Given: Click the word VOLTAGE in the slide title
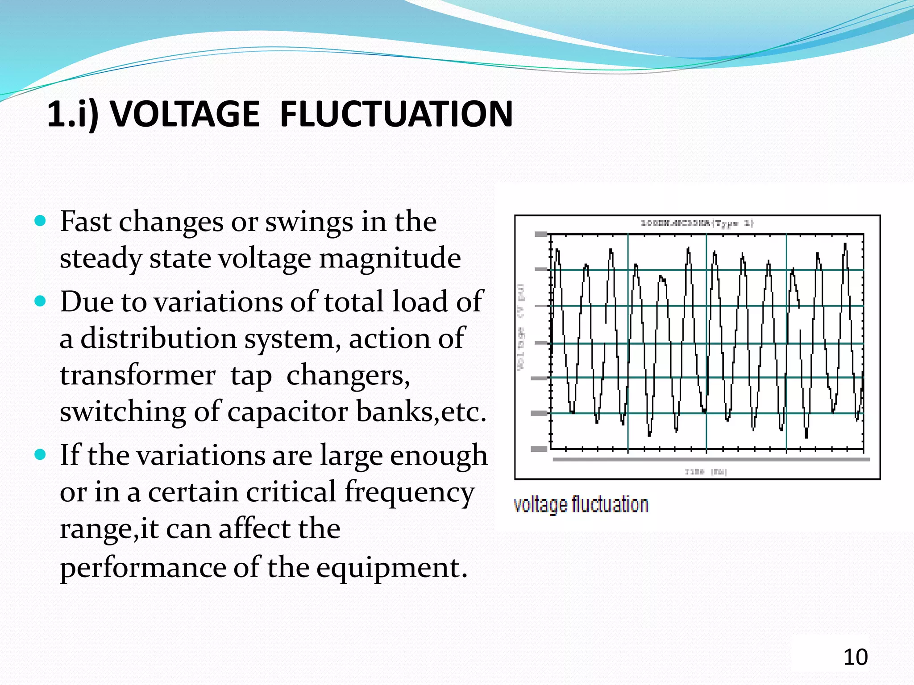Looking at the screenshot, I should click(185, 114).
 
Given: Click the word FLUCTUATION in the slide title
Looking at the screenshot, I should click(396, 114).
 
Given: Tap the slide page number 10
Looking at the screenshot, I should click(855, 657).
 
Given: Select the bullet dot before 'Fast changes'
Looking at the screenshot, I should click(40, 220).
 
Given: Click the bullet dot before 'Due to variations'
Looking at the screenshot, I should click(40, 301).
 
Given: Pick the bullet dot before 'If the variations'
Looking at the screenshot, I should click(40, 454).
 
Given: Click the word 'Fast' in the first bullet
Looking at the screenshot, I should click(85, 221).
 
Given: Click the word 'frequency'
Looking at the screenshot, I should click(409, 492).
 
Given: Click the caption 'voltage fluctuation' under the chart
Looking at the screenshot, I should click(581, 505).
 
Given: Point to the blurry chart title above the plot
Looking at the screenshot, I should click(697, 223).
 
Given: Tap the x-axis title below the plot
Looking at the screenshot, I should click(706, 471).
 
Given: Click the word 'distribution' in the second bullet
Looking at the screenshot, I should click(158, 338).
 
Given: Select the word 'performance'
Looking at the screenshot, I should click(143, 568).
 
